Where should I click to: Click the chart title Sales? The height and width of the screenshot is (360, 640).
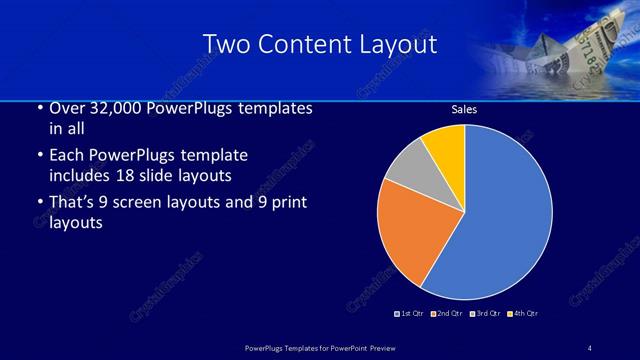[464, 110]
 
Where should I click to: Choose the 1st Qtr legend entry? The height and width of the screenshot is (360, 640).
[410, 314]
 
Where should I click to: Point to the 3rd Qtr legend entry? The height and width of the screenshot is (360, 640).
[485, 314]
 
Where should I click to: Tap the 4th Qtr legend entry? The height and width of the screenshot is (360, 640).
[523, 314]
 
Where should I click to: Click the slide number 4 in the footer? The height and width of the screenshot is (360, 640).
[589, 347]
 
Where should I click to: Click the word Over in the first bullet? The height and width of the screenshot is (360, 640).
[67, 108]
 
